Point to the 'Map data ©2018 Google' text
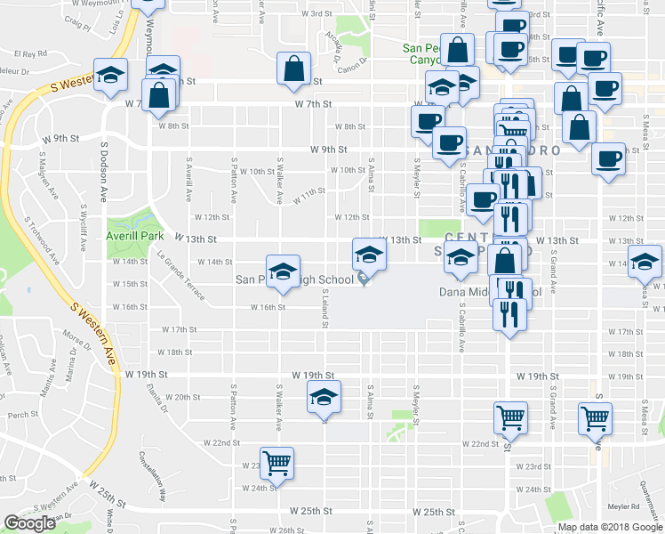coord(609,527)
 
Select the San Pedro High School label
coord(297,279)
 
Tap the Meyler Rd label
coord(624,506)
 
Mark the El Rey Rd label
coord(29,54)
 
